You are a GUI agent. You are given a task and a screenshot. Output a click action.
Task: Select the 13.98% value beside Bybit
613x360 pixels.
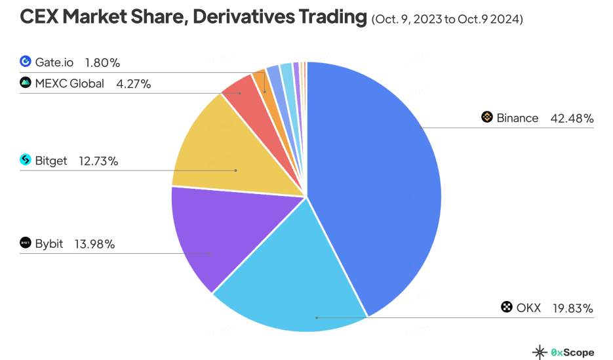(95, 244)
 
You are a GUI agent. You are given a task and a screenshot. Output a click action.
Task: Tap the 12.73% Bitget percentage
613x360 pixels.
(98, 161)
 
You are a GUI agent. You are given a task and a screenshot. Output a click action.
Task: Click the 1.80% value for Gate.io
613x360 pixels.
(102, 63)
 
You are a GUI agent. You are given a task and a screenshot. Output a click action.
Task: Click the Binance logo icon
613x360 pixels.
(486, 117)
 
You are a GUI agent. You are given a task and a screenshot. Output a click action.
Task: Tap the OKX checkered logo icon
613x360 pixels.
(506, 307)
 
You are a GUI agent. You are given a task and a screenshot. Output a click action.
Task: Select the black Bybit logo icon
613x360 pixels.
(26, 244)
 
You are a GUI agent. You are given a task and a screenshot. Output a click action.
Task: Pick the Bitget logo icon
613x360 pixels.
(26, 160)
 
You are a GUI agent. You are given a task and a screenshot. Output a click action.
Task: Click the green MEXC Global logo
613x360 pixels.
(26, 83)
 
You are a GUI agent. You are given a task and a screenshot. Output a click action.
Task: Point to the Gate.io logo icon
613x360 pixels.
(26, 62)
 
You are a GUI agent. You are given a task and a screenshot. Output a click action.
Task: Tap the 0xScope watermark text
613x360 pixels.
(572, 352)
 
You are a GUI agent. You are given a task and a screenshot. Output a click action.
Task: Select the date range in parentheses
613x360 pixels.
(447, 20)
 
